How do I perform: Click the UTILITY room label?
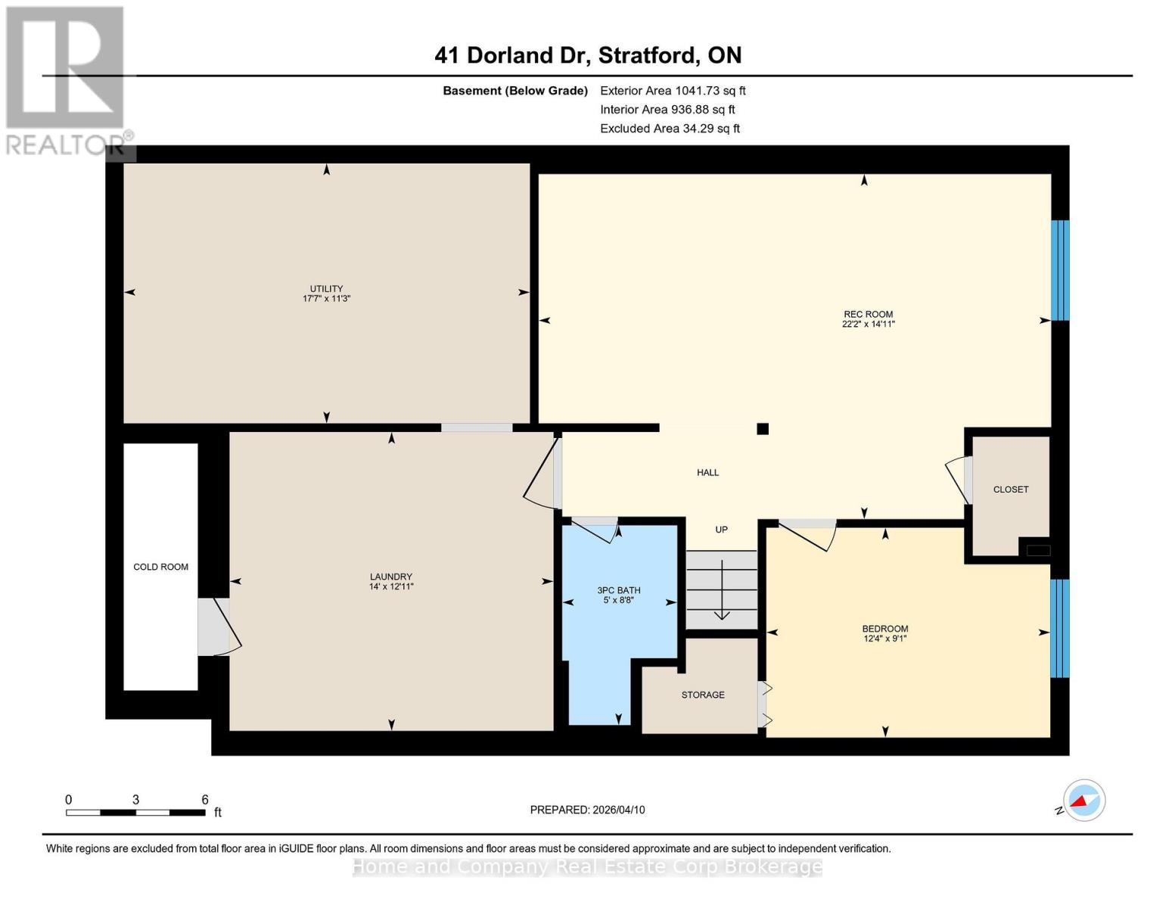326,288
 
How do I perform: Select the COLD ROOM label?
160,567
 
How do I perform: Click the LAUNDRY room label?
391,577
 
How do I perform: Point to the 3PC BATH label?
618,590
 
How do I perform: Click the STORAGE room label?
702,695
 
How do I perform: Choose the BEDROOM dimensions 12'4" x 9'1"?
884,639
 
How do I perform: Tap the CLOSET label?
1010,490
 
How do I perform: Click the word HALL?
707,472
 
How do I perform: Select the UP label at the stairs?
721,530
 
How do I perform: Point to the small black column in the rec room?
763,429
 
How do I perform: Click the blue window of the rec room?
1060,270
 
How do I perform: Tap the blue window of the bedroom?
1060,628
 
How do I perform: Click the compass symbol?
1083,801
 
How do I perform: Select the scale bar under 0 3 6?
135,813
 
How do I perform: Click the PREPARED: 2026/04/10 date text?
587,810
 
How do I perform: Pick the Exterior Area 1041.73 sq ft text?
673,91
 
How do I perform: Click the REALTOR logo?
67,80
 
